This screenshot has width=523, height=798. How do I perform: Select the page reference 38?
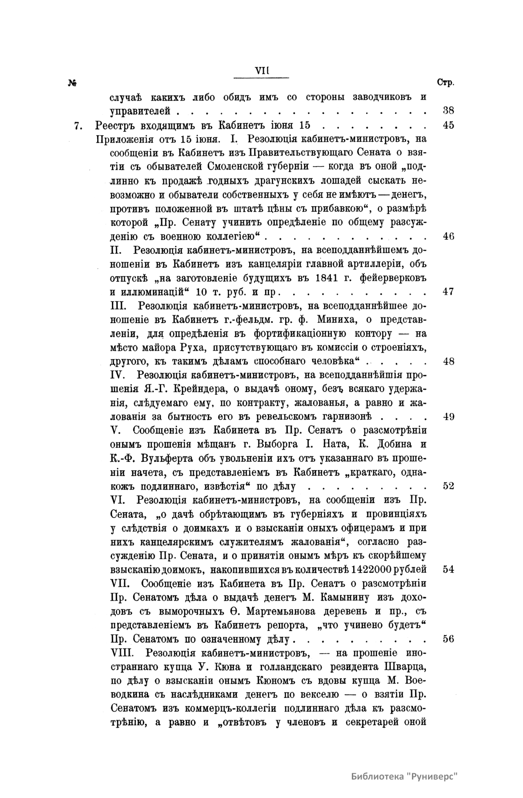448,111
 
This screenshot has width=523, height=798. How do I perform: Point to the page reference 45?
448,125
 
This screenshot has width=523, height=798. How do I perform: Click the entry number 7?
78,126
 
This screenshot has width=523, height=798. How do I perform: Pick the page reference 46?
448,237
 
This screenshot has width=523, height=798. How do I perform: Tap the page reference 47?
448,292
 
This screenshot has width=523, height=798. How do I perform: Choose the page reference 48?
448,361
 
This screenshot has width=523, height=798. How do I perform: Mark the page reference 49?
448,417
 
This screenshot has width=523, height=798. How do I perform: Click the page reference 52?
448,486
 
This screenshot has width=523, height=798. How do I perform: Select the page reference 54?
448,570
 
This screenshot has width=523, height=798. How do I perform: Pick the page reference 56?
448,639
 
